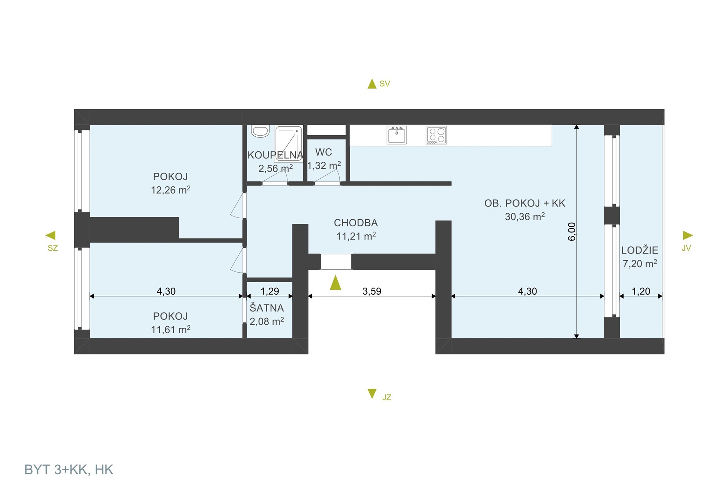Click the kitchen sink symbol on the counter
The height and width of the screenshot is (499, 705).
(x=397, y=135)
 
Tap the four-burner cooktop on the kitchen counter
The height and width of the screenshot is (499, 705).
(x=436, y=135)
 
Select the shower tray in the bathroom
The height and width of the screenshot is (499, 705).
(x=289, y=144)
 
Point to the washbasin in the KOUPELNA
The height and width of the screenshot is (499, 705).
(x=260, y=131)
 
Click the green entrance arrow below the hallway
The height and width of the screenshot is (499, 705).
(x=335, y=283)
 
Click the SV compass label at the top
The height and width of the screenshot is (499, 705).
(x=384, y=84)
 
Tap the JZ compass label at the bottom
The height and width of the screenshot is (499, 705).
(x=387, y=397)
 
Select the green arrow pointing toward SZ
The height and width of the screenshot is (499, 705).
(x=50, y=235)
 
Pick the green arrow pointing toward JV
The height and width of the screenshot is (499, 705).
(x=688, y=235)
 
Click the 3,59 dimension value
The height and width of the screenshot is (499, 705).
(x=372, y=291)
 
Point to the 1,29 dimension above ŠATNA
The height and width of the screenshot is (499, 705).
(x=270, y=291)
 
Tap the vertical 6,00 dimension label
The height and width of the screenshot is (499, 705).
(x=572, y=231)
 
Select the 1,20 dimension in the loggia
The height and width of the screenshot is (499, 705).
(x=641, y=291)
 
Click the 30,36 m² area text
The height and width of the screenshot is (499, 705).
(x=525, y=216)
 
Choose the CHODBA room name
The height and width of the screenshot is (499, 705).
(x=356, y=223)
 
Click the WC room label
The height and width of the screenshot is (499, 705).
(x=323, y=152)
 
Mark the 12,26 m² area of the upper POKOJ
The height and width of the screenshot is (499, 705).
(x=171, y=190)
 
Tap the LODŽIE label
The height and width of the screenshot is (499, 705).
(x=640, y=250)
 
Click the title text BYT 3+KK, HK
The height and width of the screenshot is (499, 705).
(x=69, y=470)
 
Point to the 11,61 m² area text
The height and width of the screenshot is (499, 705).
(x=171, y=329)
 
